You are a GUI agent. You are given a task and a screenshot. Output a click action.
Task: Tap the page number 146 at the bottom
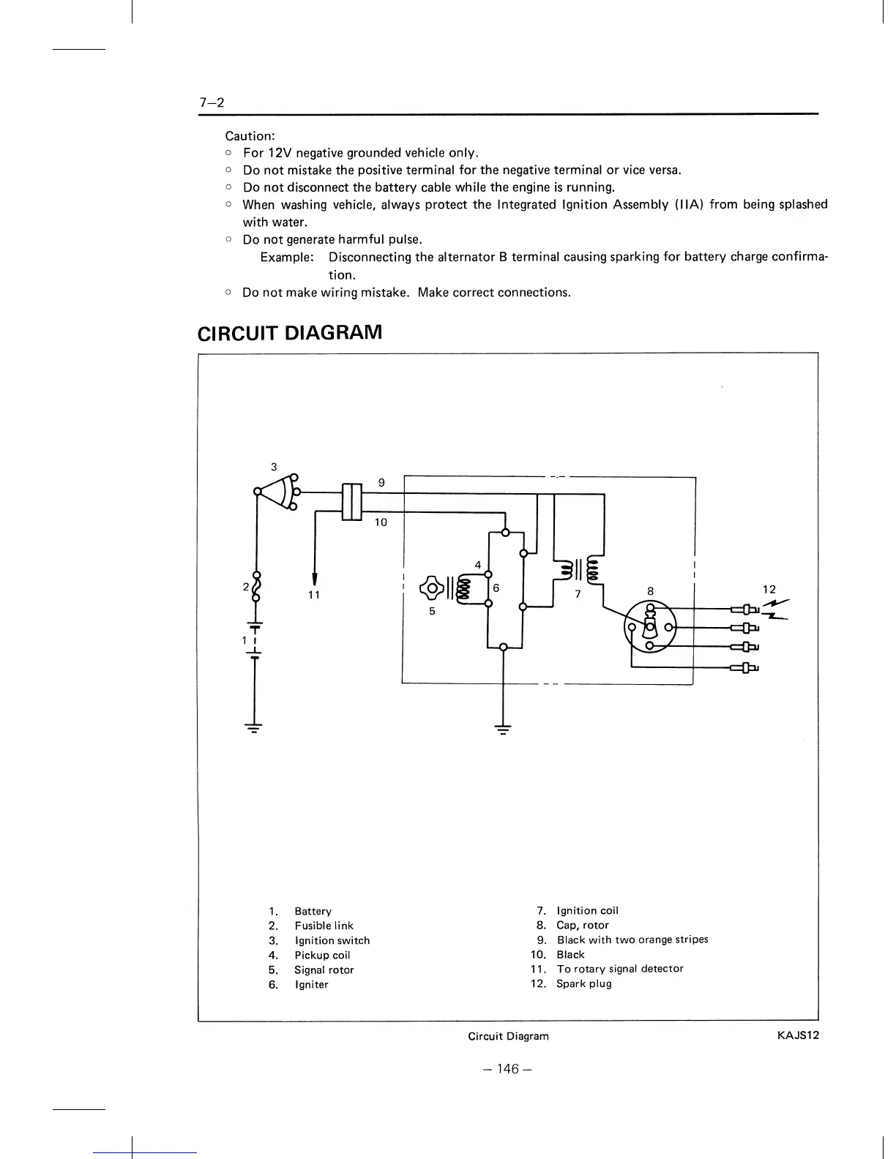506,1069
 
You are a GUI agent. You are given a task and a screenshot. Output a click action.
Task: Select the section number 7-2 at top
212,102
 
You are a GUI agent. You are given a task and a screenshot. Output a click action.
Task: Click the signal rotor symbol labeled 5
432,588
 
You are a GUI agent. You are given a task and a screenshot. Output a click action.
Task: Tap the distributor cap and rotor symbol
650,626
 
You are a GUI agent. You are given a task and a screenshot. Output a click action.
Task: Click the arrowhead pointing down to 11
315,577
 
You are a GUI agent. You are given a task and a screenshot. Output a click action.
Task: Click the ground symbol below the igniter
503,728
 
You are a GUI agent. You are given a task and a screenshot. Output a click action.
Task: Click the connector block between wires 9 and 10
352,502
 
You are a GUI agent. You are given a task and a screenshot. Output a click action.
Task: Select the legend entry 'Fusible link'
324,926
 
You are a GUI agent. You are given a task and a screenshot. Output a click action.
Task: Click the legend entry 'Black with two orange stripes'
632,939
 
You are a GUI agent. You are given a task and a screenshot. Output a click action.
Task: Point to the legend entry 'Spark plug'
583,983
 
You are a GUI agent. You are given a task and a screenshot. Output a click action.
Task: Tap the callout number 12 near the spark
769,590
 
